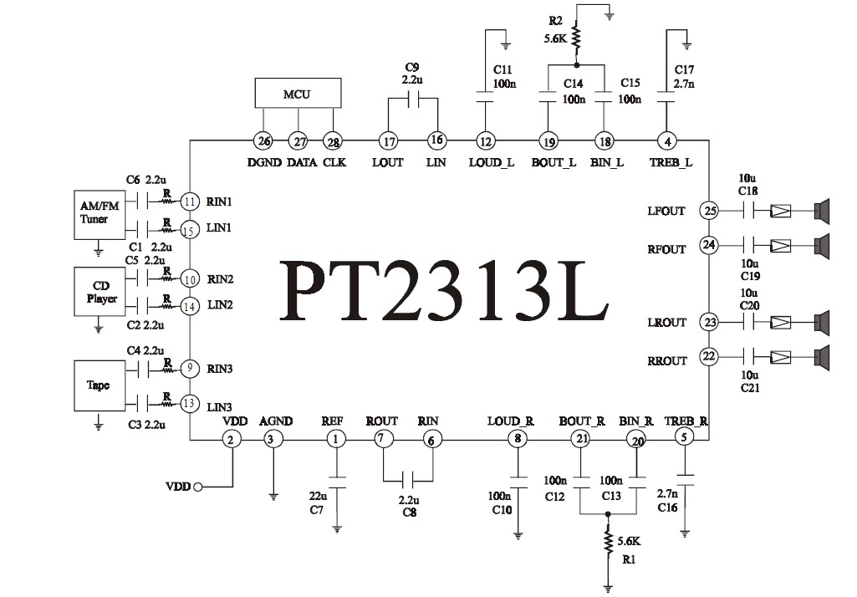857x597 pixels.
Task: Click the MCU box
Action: [297, 94]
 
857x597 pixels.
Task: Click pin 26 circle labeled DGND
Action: [263, 141]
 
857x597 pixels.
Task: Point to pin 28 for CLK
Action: [333, 141]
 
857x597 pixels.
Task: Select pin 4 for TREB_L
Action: [666, 140]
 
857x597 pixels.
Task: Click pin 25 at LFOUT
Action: [709, 211]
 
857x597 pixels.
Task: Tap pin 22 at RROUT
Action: [709, 357]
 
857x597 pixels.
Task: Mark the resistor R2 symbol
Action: [576, 36]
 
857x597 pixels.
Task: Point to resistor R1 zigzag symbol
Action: [607, 543]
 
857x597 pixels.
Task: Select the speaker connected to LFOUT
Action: [823, 211]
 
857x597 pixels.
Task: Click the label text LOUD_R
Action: [510, 421]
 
